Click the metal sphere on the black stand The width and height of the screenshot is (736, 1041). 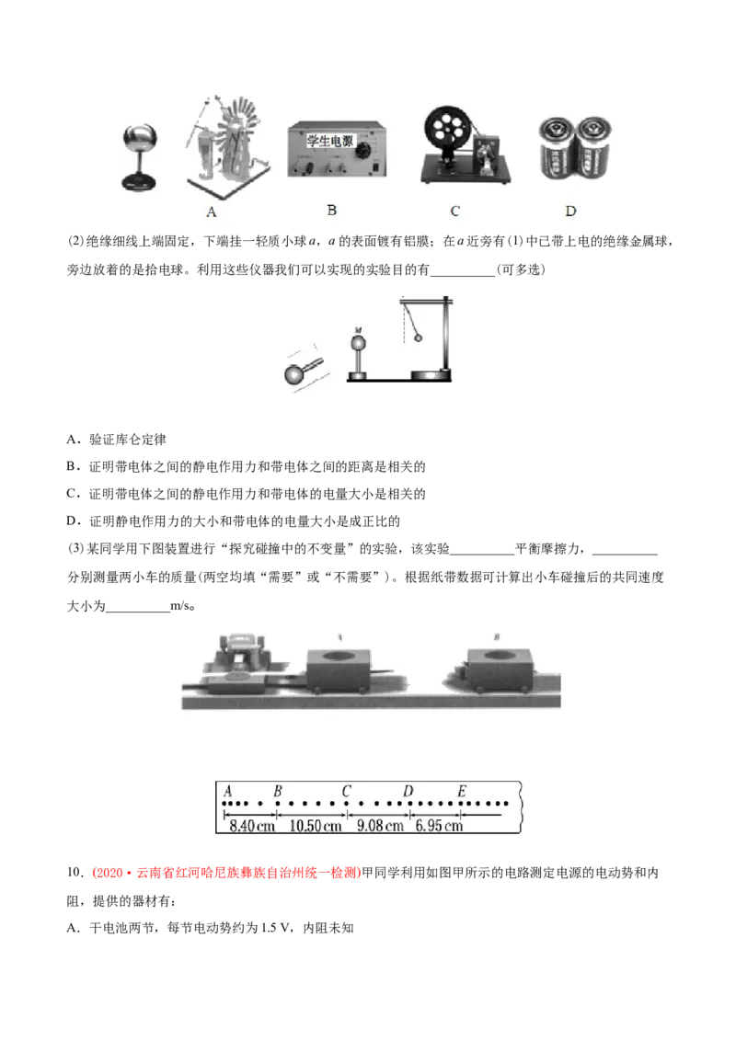(x=140, y=140)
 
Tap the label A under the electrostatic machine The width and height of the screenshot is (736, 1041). (x=212, y=212)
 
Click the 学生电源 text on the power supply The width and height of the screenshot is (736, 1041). (x=329, y=141)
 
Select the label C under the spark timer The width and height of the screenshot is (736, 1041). (x=454, y=212)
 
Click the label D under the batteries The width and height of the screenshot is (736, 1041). (x=570, y=212)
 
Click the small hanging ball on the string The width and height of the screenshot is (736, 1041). (x=418, y=337)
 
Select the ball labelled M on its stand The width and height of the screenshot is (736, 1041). (x=358, y=343)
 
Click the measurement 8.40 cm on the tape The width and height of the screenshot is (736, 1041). (x=251, y=826)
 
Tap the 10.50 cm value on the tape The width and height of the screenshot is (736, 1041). (x=316, y=826)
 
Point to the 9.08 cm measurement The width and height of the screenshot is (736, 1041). (x=380, y=826)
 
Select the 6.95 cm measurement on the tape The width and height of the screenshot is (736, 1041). (x=439, y=826)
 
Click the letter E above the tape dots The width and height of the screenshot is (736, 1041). (x=462, y=791)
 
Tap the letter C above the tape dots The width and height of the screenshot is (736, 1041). (x=346, y=791)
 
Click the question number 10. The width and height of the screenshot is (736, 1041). (x=75, y=873)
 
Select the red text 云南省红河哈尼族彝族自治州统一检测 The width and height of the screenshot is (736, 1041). (x=248, y=873)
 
